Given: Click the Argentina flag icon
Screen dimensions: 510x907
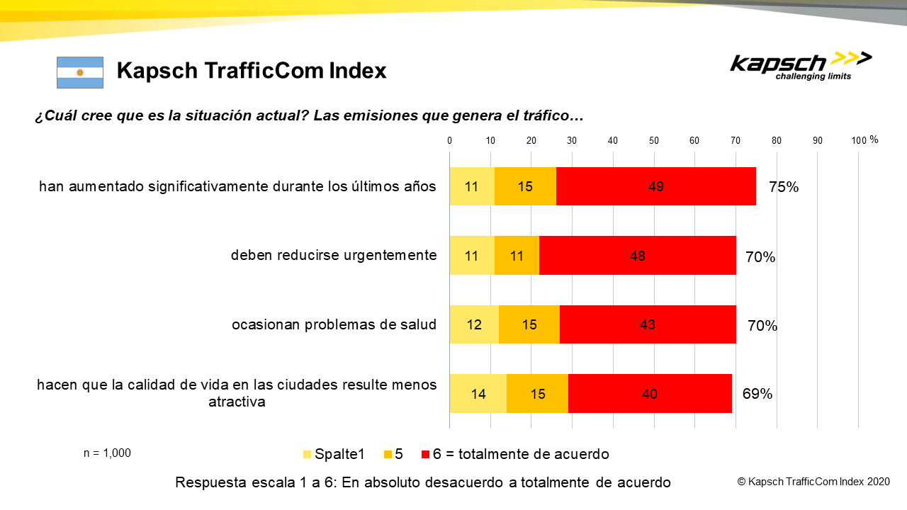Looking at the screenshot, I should pyautogui.click(x=80, y=72).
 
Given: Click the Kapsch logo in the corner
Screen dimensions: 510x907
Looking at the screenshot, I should pyautogui.click(x=801, y=66).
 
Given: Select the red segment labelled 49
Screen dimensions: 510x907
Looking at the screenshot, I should pyautogui.click(x=655, y=187).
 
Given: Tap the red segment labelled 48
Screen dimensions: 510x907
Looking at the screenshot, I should pyautogui.click(x=637, y=256).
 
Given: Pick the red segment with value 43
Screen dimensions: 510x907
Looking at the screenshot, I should pyautogui.click(x=647, y=325).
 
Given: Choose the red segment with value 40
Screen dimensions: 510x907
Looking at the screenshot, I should pyautogui.click(x=649, y=394).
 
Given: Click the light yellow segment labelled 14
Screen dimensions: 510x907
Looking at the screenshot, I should pyautogui.click(x=478, y=394).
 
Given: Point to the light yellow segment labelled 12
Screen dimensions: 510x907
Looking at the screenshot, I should pyautogui.click(x=474, y=325).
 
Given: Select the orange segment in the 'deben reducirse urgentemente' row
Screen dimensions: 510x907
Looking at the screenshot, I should pyautogui.click(x=517, y=256).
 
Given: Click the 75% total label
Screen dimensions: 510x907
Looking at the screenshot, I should pyautogui.click(x=784, y=188).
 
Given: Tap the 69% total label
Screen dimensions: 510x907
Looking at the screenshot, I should pyautogui.click(x=757, y=394).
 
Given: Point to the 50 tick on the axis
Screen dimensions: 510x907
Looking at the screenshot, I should pyautogui.click(x=654, y=140).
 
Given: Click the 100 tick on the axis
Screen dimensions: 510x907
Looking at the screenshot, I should pyautogui.click(x=858, y=140).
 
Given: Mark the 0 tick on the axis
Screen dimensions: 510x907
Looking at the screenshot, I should pyautogui.click(x=450, y=140).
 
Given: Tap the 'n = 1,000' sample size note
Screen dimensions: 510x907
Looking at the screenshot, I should pyautogui.click(x=107, y=453).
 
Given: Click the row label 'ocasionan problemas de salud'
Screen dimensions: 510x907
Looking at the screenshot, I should pyautogui.click(x=334, y=325).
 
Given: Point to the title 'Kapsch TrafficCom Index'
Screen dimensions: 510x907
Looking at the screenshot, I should pyautogui.click(x=252, y=71).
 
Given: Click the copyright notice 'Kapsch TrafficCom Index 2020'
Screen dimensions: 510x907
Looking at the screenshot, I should pyautogui.click(x=813, y=482).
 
